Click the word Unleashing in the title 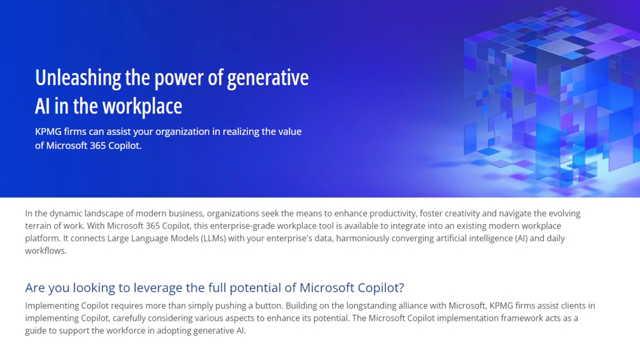point(78,77)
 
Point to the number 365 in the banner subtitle point(97,145)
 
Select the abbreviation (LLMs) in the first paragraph point(213,238)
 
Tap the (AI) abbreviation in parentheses point(521,238)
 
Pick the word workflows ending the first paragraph point(45,251)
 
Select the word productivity point(393,213)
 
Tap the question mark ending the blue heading point(401,287)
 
